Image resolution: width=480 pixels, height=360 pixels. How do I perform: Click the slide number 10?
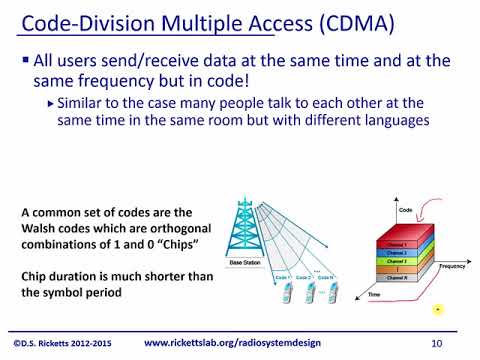click(436, 343)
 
